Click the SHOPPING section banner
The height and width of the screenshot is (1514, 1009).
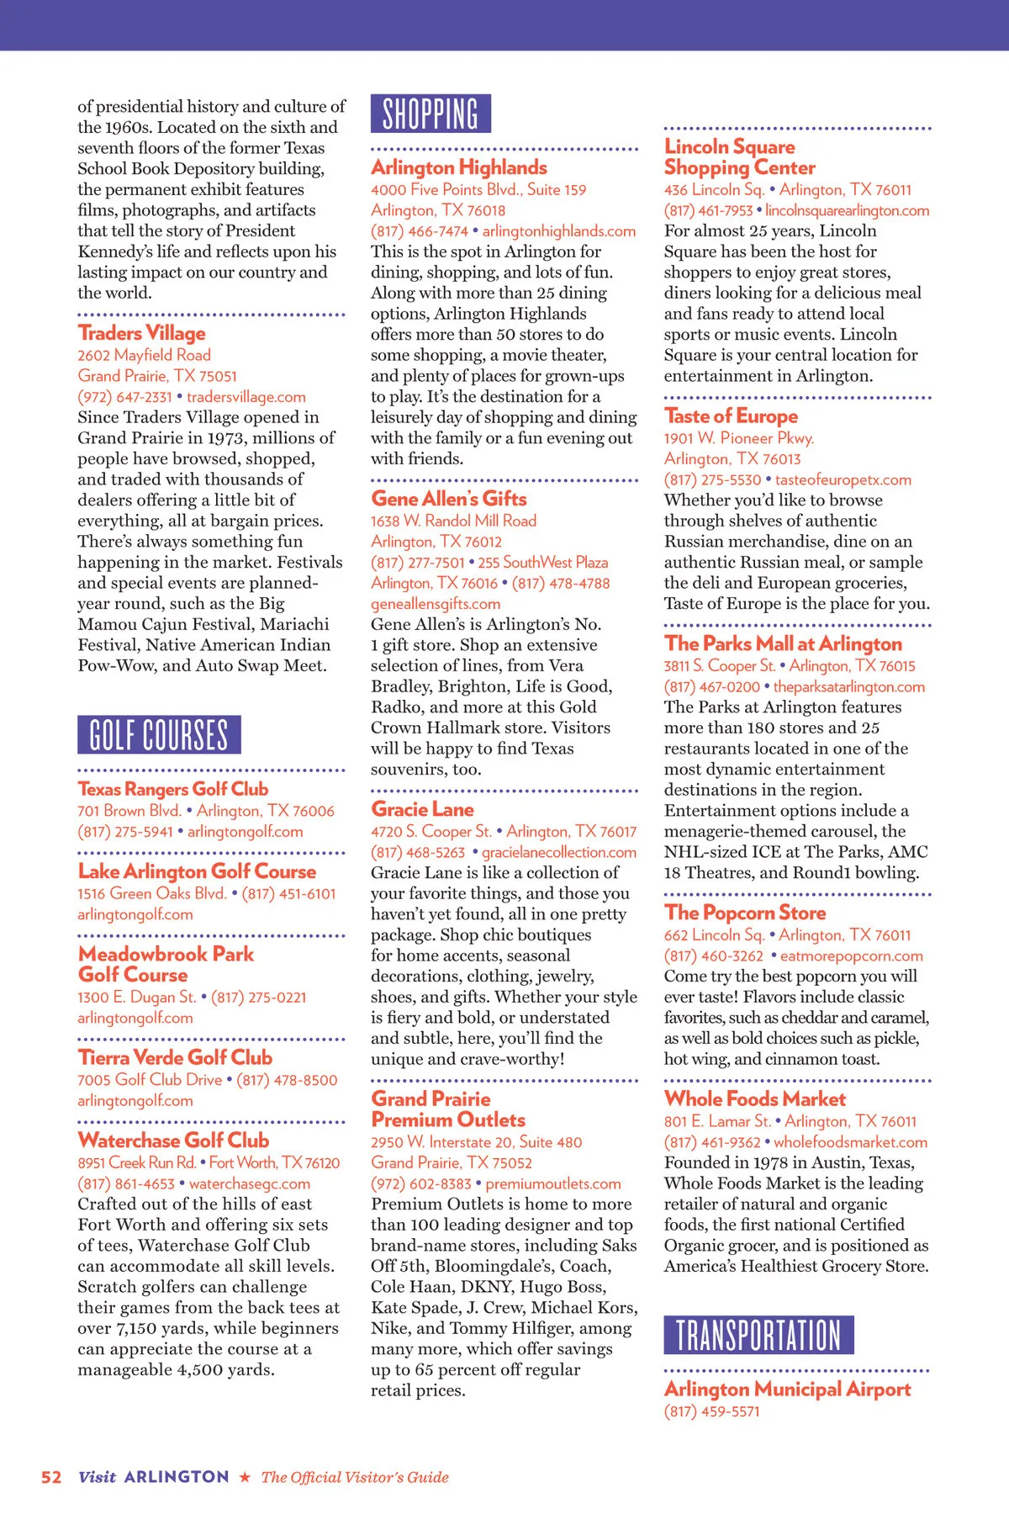pyautogui.click(x=431, y=114)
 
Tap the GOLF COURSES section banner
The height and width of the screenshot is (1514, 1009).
pyautogui.click(x=159, y=734)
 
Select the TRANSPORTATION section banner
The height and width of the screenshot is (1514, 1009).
pyautogui.click(x=758, y=1335)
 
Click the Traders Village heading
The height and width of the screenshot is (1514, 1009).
pyautogui.click(x=141, y=333)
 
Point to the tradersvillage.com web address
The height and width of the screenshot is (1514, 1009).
pyautogui.click(x=246, y=397)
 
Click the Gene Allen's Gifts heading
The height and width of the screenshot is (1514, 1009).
pyautogui.click(x=449, y=499)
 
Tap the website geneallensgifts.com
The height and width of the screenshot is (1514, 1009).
pyautogui.click(x=436, y=604)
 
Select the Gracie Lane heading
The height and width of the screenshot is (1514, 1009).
pyautogui.click(x=422, y=809)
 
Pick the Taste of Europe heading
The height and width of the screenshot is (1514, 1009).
pyautogui.click(x=731, y=416)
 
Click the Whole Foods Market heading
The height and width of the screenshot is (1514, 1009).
pyautogui.click(x=754, y=1099)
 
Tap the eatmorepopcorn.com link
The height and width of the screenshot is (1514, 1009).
pyautogui.click(x=851, y=956)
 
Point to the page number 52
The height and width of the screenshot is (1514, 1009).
pyautogui.click(x=51, y=1478)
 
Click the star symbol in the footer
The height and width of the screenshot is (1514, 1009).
pyautogui.click(x=245, y=1478)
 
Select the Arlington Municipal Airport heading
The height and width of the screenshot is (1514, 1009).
pyautogui.click(x=787, y=1390)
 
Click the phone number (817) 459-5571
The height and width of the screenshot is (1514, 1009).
pyautogui.click(x=711, y=1411)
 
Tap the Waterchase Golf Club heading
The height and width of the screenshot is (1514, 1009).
pyautogui.click(x=173, y=1141)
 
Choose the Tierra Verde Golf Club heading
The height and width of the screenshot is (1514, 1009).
pyautogui.click(x=175, y=1058)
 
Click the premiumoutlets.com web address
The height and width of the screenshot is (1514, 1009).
pyautogui.click(x=553, y=1184)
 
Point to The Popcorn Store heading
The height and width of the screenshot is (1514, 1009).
pyautogui.click(x=745, y=913)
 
